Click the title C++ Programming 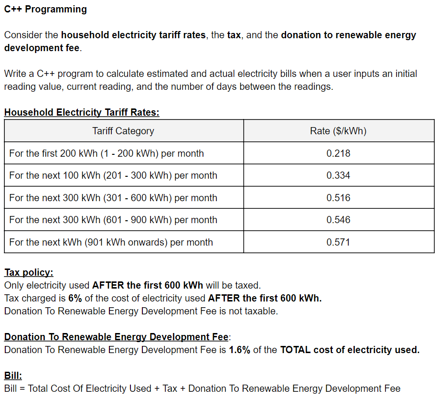[45, 9]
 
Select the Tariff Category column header [123, 131]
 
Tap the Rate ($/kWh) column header [338, 131]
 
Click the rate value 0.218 [338, 153]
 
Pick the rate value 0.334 [338, 175]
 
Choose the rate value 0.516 [338, 198]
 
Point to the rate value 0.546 [338, 220]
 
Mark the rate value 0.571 [338, 242]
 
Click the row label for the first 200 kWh [107, 153]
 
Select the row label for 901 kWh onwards [111, 242]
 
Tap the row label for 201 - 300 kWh [113, 175]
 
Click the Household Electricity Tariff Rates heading [82, 113]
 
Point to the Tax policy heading [29, 272]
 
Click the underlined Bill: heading [13, 376]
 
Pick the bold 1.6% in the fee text [239, 350]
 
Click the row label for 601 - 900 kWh [113, 220]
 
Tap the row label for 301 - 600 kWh [113, 198]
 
